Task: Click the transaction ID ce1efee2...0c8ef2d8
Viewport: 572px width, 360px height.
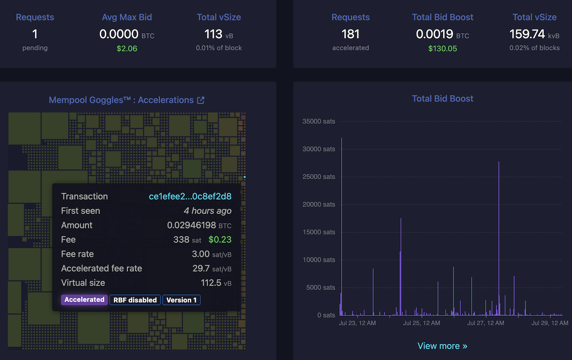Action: click(x=190, y=196)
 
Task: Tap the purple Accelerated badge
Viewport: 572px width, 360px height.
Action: click(x=85, y=300)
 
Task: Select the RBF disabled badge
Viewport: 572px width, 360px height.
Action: click(x=135, y=300)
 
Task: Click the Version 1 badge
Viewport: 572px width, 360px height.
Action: click(x=181, y=300)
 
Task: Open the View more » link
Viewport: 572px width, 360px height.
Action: click(x=442, y=346)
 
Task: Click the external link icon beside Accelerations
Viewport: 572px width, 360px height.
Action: click(x=201, y=100)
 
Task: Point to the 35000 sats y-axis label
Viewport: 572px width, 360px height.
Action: click(x=319, y=121)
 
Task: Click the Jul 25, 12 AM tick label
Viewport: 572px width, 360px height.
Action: click(x=422, y=323)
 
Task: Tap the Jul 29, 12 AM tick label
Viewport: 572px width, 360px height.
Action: click(x=549, y=323)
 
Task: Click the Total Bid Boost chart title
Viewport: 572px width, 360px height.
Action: click(x=442, y=99)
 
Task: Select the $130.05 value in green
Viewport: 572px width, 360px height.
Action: click(x=442, y=48)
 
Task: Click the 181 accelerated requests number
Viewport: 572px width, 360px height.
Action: click(x=351, y=34)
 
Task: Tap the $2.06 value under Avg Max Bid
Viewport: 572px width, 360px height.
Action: click(x=127, y=48)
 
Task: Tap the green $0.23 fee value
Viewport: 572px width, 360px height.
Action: click(x=220, y=239)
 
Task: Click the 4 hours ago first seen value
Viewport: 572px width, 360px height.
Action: click(x=207, y=211)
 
